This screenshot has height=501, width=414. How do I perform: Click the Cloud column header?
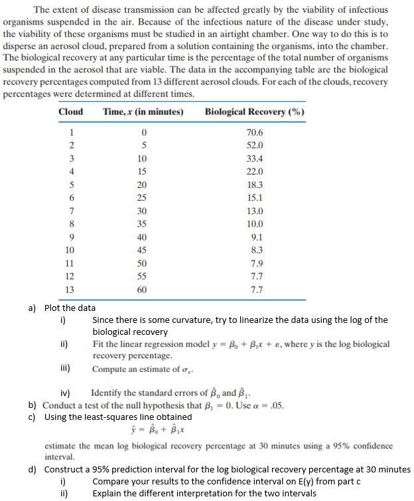tap(70, 112)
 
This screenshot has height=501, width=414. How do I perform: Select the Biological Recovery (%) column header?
tap(255, 112)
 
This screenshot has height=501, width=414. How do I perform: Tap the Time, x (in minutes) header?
tap(143, 112)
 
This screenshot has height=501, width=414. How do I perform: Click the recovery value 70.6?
tap(254, 133)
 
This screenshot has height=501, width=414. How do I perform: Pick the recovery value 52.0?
tap(254, 146)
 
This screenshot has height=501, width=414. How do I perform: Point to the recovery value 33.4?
tap(254, 159)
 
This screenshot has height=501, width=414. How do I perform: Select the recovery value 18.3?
tap(254, 185)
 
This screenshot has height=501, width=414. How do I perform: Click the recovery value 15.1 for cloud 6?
tap(254, 198)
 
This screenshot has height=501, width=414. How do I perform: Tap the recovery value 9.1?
tap(255, 237)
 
